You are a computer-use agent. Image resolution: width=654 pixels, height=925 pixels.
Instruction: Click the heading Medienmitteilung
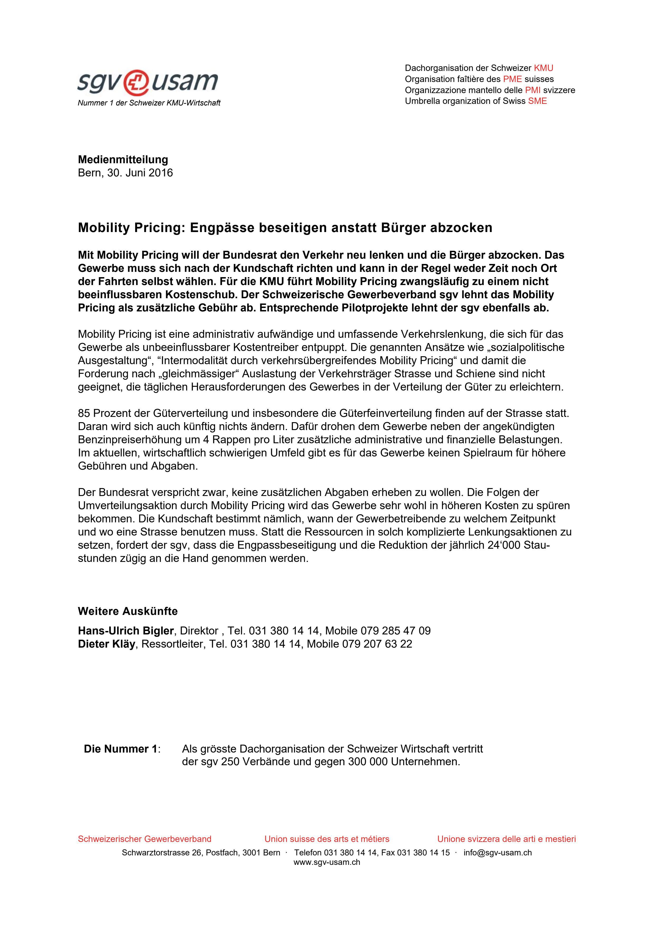tap(123, 160)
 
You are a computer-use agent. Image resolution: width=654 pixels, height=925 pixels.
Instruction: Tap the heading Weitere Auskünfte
tap(128, 611)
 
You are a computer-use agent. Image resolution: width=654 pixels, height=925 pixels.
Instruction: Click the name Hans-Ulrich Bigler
tap(126, 630)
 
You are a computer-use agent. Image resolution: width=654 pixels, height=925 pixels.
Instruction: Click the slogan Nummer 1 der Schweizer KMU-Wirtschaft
tap(149, 103)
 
